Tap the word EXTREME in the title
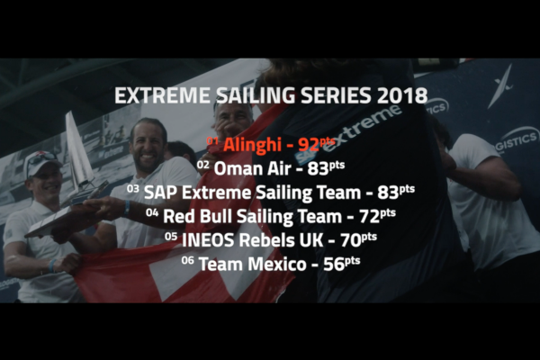tap(162, 95)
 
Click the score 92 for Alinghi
tap(309, 145)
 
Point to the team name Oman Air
tap(251, 169)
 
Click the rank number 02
tap(202, 165)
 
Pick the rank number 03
tap(132, 188)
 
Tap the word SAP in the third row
tap(161, 193)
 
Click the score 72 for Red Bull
tap(369, 217)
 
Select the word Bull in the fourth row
tap(217, 216)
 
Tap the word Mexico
tap(277, 265)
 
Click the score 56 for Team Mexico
tap(333, 265)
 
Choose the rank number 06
tap(188, 260)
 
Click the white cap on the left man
tap(41, 161)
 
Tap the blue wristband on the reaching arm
tap(127, 208)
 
